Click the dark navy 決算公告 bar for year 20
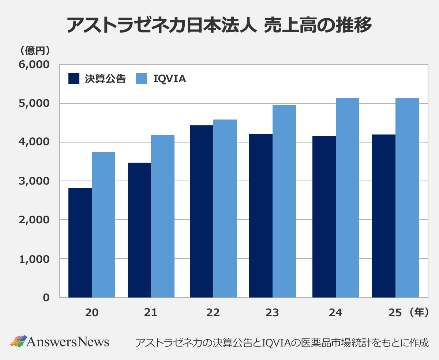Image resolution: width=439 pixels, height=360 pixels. (x=80, y=243)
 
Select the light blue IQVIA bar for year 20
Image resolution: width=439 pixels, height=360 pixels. (x=104, y=225)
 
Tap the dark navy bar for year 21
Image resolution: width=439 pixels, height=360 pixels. (x=139, y=230)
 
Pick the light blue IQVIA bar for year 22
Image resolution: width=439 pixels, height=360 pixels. (x=225, y=208)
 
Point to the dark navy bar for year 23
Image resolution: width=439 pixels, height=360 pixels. (x=260, y=216)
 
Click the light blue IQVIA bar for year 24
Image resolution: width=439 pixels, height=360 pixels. (x=348, y=198)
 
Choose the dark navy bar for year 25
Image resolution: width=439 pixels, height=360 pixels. (x=383, y=216)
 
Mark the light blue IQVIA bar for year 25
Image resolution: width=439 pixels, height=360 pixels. (x=407, y=198)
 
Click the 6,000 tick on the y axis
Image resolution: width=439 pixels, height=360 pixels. (x=34, y=65)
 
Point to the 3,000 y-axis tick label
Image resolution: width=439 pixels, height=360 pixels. (x=34, y=181)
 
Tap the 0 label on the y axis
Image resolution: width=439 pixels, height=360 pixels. (x=46, y=298)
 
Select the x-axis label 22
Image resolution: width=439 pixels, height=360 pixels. (x=213, y=313)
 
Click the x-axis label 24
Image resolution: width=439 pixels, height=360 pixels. (x=335, y=313)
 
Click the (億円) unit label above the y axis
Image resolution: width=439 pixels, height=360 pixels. (x=35, y=50)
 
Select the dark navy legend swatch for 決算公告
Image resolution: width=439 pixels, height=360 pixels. (x=74, y=79)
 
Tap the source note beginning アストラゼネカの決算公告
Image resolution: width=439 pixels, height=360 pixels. (x=281, y=342)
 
